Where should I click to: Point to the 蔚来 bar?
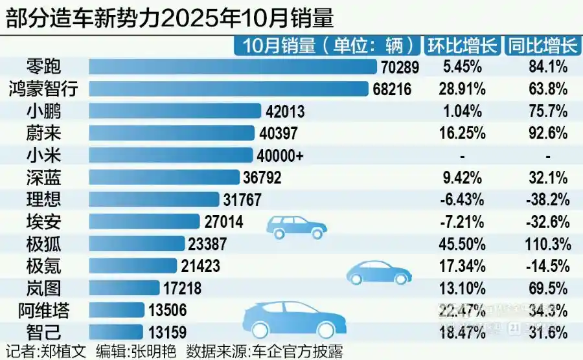pos(171,133)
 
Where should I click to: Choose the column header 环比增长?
pos(462,45)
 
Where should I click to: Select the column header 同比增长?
pos(542,45)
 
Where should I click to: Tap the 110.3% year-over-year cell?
pos(548,243)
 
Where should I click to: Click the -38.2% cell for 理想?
pos(548,199)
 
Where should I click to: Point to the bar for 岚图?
pos(124,287)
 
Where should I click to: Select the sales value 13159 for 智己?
pos(168,333)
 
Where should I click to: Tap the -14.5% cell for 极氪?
pos(548,265)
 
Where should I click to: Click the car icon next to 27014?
pos(297,226)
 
